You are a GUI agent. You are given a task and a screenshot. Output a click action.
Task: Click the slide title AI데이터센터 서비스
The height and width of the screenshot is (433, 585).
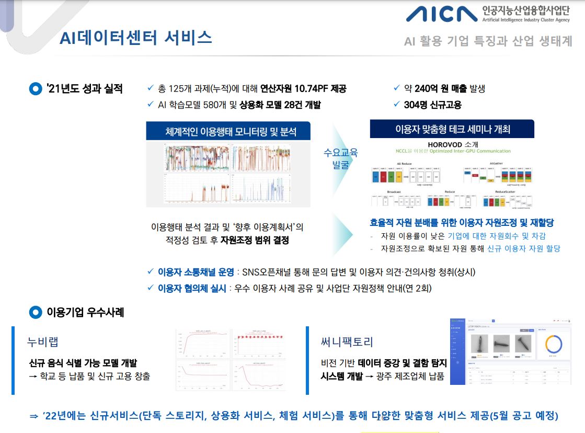135,38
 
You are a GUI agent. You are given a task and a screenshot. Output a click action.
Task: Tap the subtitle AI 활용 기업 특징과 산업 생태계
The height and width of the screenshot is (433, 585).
488,41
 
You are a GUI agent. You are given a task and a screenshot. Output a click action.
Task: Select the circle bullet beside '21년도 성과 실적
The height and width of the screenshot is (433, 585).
35,89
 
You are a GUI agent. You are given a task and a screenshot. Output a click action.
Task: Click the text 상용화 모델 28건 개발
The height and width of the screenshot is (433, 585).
280,105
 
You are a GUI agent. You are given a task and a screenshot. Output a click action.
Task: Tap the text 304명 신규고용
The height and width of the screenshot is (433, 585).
432,105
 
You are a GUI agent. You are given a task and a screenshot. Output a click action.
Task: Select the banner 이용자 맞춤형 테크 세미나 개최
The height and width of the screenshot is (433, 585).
452,129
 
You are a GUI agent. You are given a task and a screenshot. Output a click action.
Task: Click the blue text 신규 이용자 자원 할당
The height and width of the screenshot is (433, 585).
523,248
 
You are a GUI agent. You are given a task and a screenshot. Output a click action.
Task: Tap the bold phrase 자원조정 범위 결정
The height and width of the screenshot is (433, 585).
255,241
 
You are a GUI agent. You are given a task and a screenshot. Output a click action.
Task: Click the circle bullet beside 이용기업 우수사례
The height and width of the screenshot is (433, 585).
35,313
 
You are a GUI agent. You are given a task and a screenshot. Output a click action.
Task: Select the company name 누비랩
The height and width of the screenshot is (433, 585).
43,342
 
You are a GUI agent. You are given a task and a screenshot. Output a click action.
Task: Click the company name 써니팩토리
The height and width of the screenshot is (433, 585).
347,343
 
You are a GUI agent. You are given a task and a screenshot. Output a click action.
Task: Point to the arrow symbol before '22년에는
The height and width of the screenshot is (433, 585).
34,416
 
